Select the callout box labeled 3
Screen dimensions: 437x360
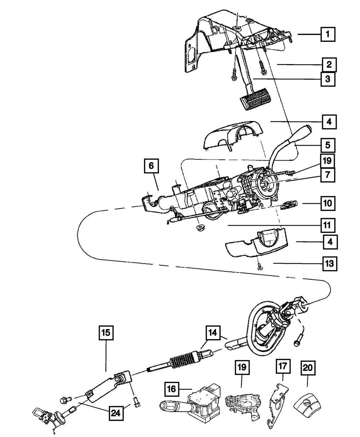[327, 79]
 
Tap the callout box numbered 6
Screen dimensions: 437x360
[151, 166]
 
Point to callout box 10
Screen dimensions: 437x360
[327, 203]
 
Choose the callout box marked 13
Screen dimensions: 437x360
[329, 263]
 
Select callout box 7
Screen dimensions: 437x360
[327, 175]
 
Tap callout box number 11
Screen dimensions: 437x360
[327, 226]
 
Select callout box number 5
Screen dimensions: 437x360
[327, 146]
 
